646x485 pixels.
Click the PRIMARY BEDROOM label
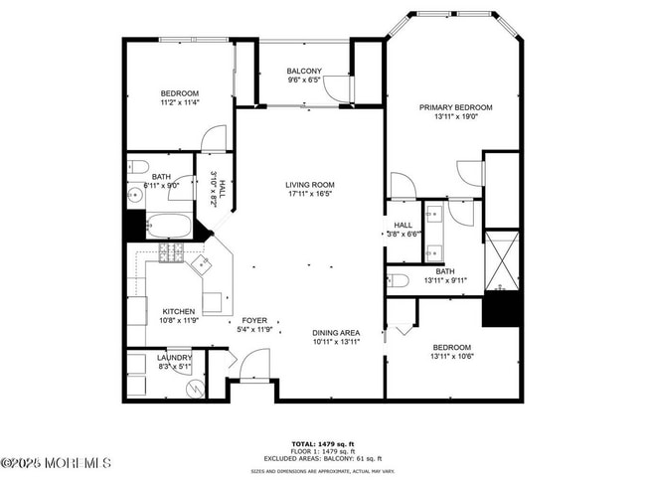point(455,107)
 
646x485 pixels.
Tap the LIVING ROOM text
point(309,185)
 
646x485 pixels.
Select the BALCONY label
point(304,72)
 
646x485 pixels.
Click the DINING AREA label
point(336,332)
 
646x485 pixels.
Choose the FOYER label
point(257,320)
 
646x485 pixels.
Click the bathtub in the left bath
point(168,226)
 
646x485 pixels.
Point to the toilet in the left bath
point(138,166)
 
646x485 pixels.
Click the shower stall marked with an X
point(502,259)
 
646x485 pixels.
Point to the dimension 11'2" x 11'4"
point(180,102)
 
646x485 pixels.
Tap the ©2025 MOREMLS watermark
point(56,462)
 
